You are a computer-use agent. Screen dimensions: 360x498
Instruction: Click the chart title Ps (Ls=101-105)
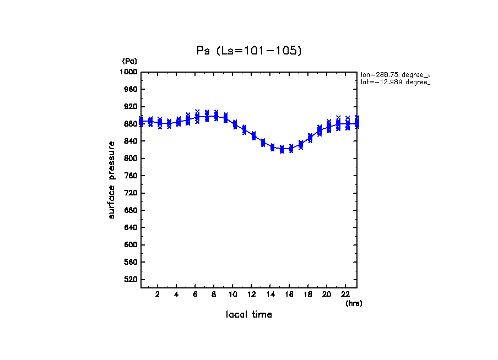tap(249, 51)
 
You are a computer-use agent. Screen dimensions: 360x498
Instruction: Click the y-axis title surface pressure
tap(112, 179)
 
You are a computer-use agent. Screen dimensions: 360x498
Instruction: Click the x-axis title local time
tap(249, 315)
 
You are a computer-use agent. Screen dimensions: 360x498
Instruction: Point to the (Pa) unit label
tap(129, 61)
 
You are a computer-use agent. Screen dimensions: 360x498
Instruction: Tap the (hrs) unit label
tap(354, 303)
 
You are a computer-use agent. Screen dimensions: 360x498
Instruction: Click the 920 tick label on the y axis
tap(131, 107)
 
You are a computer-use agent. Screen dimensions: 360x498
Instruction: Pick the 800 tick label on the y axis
tap(131, 159)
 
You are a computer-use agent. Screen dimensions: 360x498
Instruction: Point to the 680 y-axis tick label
tap(131, 210)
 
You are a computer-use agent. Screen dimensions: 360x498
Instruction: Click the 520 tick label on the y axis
tap(131, 280)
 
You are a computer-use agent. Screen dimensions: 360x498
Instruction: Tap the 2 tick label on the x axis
tap(158, 294)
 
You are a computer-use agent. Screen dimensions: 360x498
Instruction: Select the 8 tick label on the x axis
tap(214, 294)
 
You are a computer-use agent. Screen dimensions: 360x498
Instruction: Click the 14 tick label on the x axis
tap(270, 294)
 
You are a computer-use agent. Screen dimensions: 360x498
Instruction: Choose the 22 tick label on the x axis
tap(345, 294)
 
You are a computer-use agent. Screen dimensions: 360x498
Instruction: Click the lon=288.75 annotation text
tap(394, 74)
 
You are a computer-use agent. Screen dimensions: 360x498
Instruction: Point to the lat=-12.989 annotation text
tap(394, 82)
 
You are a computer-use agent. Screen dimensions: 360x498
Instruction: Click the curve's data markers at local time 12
tap(253, 135)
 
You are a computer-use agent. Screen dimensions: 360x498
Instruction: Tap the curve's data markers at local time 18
tap(310, 138)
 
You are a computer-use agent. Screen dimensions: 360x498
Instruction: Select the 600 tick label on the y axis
tap(131, 245)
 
